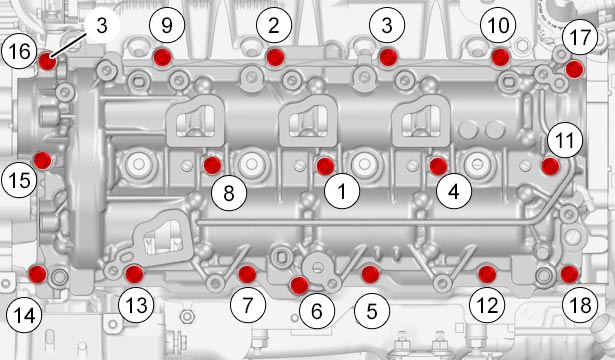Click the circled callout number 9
167,26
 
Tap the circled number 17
580,37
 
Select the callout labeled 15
19,180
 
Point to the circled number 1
342,191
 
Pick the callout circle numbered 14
24,315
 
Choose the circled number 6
317,311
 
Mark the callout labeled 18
580,305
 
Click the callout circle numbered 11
565,140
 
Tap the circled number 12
487,305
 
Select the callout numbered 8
229,193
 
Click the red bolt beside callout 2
275,57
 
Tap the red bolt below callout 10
500,58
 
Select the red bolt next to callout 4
438,166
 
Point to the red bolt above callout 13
134,274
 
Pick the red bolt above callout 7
247,274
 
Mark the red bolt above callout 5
370,274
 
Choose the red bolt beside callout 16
47,61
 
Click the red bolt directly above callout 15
42,160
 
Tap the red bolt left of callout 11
550,166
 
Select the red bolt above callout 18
569,274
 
